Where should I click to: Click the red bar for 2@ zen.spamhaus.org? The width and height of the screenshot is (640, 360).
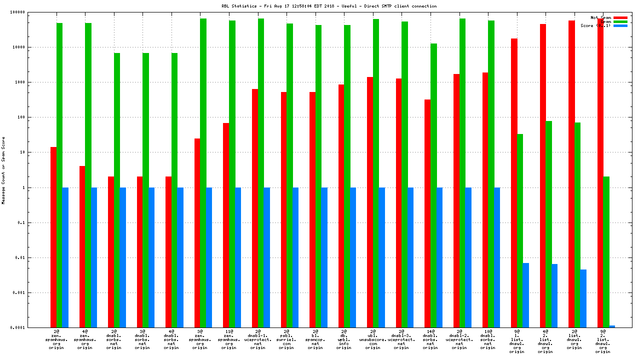(53, 237)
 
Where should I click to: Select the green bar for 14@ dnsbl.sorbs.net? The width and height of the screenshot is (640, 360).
(433, 185)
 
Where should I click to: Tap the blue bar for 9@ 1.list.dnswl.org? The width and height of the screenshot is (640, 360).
(526, 295)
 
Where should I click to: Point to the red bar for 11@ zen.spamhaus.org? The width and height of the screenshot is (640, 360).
(226, 225)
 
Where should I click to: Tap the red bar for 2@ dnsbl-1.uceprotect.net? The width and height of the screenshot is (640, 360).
(255, 208)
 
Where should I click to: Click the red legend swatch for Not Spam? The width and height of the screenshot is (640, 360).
(620, 17)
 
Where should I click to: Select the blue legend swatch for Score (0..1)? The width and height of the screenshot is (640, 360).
(620, 25)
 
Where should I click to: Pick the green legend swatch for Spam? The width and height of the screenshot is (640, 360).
(620, 21)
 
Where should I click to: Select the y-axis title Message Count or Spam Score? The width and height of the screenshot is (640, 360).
(3, 170)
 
